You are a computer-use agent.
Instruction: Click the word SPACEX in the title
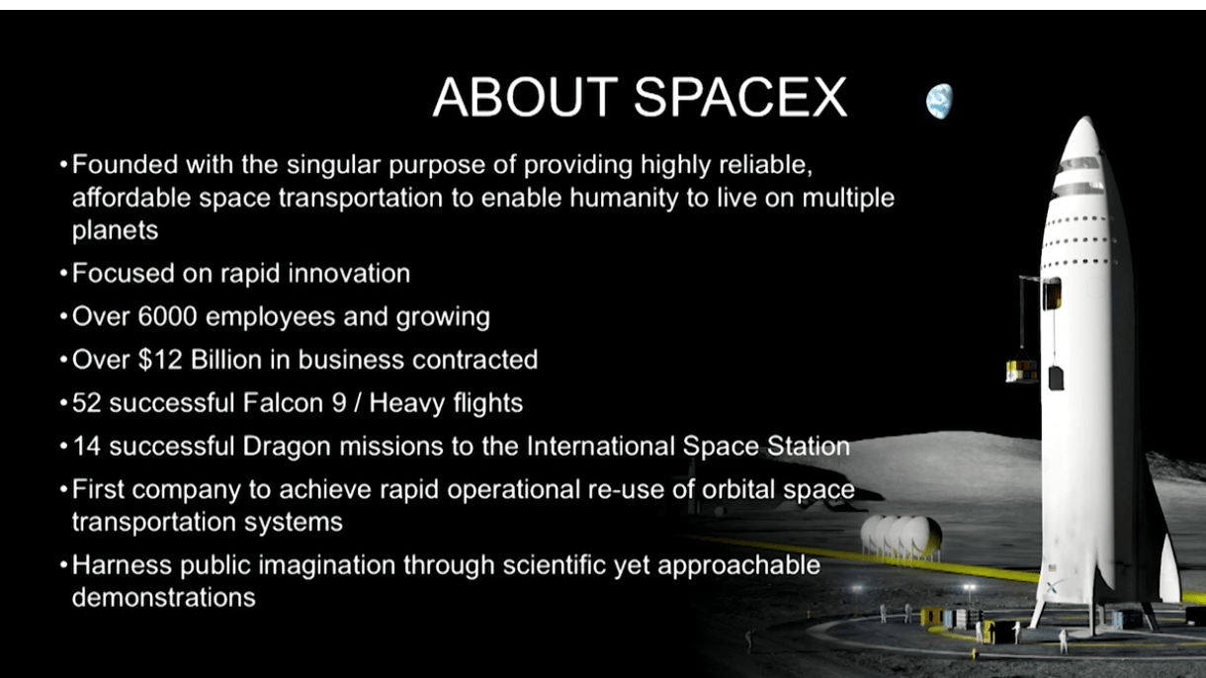pos(740,97)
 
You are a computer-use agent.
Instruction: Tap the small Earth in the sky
pos(938,100)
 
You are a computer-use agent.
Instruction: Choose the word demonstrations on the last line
pos(163,597)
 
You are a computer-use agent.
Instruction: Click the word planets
pos(115,230)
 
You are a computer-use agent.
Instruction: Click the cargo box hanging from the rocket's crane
pos(1020,371)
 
